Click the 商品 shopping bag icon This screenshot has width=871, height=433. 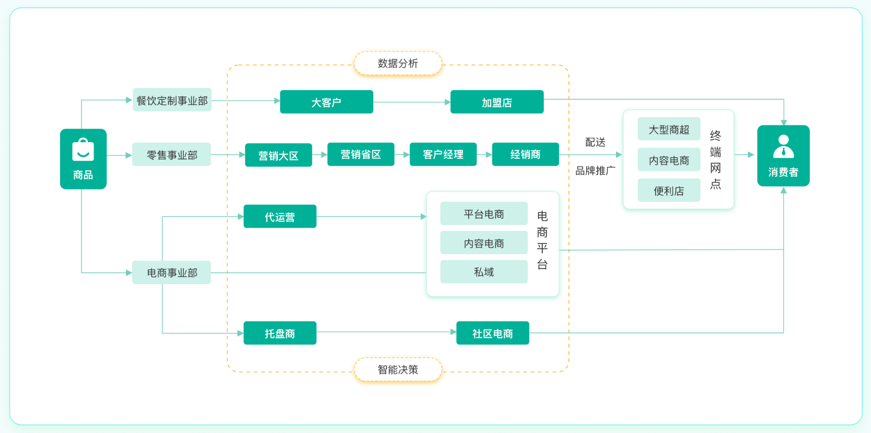(x=83, y=150)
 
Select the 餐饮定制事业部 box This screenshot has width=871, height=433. (x=172, y=100)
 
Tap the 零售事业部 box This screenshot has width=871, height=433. (x=172, y=154)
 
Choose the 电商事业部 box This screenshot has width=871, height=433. (x=172, y=272)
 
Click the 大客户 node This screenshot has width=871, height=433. (x=326, y=102)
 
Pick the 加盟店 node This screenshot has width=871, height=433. (x=497, y=102)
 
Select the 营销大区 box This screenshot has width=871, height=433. (x=278, y=155)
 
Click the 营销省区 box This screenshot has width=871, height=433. (x=360, y=154)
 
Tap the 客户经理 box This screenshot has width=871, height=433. (x=443, y=154)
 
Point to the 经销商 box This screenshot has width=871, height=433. (x=525, y=154)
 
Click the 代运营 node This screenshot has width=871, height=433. (x=280, y=216)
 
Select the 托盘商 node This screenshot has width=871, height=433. (x=280, y=333)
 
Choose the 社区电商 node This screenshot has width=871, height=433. (x=492, y=333)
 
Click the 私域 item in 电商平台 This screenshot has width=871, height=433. (x=484, y=272)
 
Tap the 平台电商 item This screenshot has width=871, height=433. (x=484, y=214)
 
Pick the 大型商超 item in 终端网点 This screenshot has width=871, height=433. (x=669, y=129)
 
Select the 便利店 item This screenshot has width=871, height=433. (x=669, y=190)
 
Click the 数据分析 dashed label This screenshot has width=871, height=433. (x=398, y=63)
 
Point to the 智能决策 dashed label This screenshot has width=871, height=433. (x=398, y=370)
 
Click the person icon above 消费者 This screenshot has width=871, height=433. (x=783, y=147)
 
